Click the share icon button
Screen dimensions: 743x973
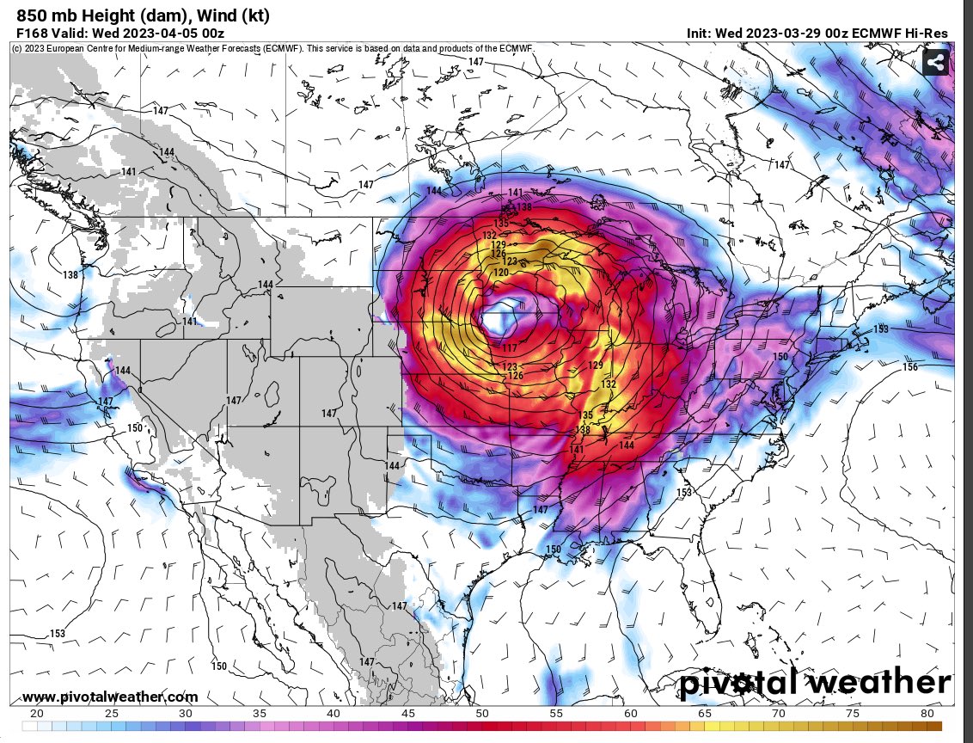(936, 62)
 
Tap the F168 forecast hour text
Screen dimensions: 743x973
(33, 33)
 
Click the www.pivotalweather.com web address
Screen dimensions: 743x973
(110, 697)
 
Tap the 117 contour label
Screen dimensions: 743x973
(510, 348)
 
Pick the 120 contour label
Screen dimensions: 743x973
(501, 272)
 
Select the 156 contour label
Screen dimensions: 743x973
(910, 367)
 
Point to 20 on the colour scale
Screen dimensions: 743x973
(36, 714)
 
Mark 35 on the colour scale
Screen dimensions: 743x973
(260, 714)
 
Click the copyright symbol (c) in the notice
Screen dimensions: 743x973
(17, 48)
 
